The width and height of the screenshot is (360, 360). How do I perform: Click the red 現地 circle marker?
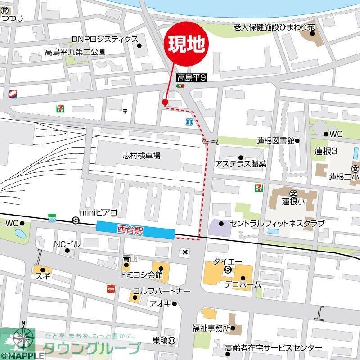[x=188, y=44]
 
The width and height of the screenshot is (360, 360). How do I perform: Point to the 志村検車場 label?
[x=141, y=156]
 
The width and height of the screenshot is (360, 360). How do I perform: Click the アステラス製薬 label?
[x=240, y=163]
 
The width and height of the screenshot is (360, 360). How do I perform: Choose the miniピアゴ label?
[x=98, y=212]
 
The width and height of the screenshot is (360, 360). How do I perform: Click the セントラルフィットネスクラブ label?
[x=277, y=223]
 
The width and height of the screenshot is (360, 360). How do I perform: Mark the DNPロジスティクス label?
[x=104, y=40]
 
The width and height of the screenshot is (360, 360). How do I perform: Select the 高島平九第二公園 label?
[x=75, y=52]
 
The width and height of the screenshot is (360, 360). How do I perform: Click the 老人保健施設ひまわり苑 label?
[x=274, y=27]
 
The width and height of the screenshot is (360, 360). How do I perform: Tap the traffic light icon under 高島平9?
[x=181, y=85]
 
